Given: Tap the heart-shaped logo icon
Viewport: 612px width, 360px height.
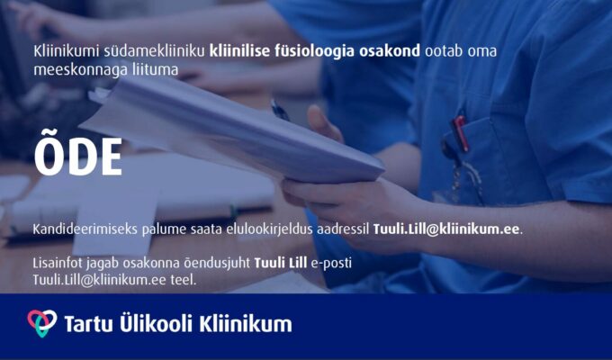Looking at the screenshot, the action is click(42, 323).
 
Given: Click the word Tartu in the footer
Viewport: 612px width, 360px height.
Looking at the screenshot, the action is click(88, 325).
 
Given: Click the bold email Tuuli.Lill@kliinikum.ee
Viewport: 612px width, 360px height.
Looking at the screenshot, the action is click(446, 229).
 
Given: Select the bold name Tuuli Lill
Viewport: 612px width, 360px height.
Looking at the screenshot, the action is click(281, 263).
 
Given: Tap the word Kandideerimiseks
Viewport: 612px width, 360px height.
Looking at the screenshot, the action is click(85, 229).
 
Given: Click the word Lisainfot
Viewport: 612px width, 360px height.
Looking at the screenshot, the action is click(58, 263).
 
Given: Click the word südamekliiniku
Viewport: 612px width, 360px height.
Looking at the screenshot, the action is click(154, 51).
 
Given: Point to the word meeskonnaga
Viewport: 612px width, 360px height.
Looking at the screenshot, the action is click(80, 70).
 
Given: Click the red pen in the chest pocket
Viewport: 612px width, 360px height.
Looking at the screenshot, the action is click(460, 133).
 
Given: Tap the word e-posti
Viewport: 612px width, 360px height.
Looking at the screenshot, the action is click(331, 264).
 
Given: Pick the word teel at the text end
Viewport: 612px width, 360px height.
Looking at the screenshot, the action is click(183, 280).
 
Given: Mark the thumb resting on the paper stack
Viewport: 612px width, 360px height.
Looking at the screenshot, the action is click(324, 123).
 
